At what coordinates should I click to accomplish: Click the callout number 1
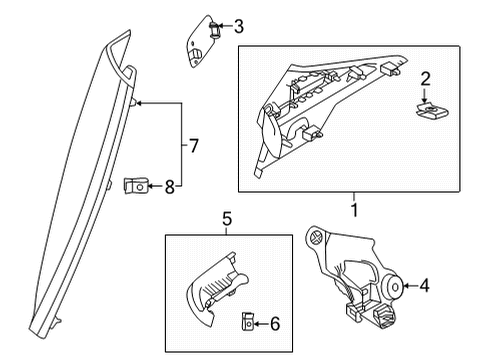352,211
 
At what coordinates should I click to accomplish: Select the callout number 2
425,79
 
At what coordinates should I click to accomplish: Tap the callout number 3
238,27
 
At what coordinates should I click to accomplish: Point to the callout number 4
424,287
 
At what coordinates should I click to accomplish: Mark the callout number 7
194,146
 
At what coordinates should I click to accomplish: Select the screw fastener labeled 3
213,29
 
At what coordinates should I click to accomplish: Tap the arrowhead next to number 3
224,27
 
